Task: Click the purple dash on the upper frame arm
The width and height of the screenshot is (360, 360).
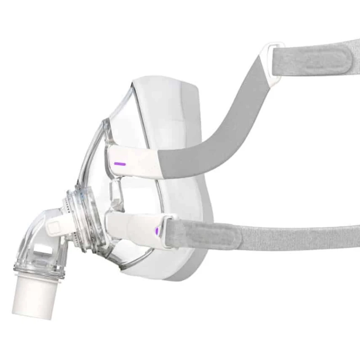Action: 119,164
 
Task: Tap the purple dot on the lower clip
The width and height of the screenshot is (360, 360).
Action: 157,231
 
